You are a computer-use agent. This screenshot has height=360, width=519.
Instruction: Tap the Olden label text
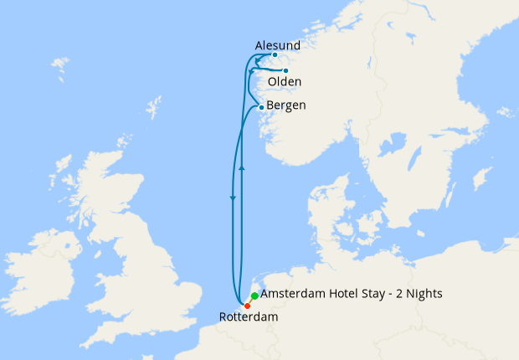(285, 82)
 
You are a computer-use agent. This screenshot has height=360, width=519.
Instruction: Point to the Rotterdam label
(248, 317)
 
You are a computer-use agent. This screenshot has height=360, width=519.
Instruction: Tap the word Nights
(422, 294)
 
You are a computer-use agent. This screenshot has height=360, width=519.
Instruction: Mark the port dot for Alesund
(275, 55)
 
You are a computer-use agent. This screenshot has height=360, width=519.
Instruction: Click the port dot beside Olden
(285, 70)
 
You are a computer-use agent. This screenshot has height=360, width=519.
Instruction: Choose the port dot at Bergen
(261, 107)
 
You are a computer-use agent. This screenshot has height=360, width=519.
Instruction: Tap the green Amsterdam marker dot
(254, 296)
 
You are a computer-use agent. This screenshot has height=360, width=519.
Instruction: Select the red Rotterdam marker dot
(247, 306)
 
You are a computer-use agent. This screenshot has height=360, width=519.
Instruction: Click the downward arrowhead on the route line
(232, 198)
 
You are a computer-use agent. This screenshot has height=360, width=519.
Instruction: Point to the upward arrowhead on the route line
(241, 168)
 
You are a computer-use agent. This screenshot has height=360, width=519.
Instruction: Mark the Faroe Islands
(59, 65)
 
